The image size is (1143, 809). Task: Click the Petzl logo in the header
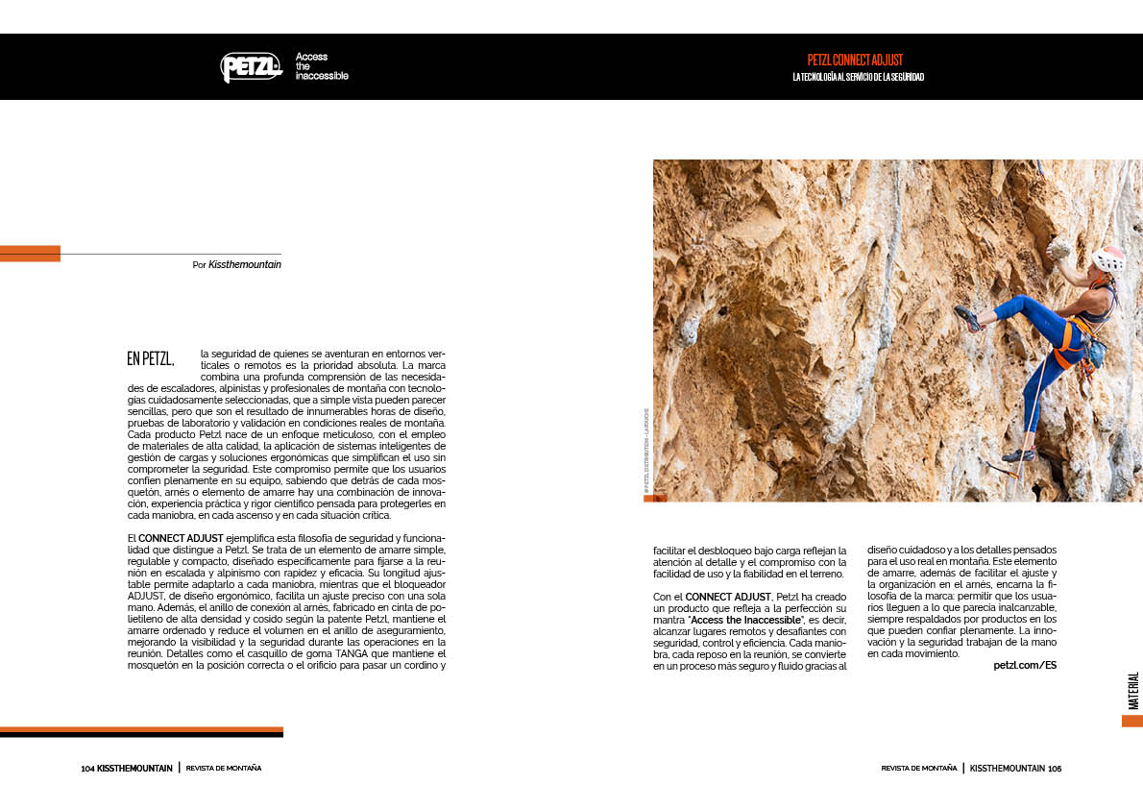(251, 66)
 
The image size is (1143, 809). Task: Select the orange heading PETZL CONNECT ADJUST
(855, 60)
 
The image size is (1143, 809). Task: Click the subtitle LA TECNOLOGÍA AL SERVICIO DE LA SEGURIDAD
(858, 77)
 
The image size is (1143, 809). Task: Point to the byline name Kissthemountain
(245, 264)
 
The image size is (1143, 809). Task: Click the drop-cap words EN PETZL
(151, 359)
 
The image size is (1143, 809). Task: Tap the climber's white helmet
(1107, 259)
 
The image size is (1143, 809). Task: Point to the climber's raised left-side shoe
(966, 318)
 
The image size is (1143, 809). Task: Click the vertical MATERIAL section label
(1133, 690)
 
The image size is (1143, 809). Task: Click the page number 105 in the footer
(1055, 769)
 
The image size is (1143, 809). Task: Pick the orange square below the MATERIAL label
(1131, 721)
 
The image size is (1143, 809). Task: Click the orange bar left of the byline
(30, 254)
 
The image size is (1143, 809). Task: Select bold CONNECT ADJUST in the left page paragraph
(181, 537)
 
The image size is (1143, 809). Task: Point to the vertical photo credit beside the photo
(646, 452)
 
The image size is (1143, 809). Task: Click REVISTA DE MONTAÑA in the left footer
(224, 769)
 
